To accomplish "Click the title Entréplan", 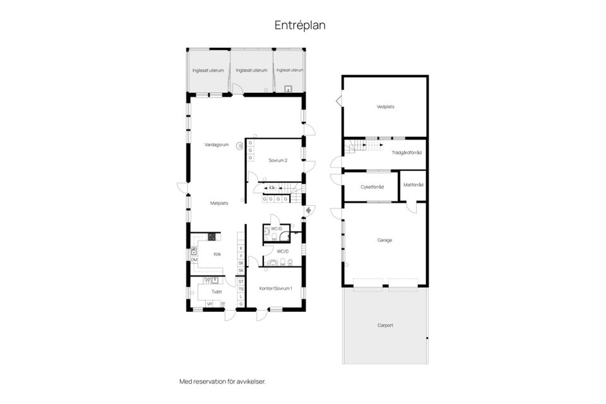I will point(300,25).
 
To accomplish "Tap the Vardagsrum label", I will point(216,145).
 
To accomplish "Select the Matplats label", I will point(219,203).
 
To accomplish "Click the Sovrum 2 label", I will point(278,160).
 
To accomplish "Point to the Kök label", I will point(217,254).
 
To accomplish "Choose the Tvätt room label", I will point(217,292).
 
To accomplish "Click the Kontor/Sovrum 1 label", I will point(275,288).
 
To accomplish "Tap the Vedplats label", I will point(385,107).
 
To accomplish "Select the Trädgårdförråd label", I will point(407,153).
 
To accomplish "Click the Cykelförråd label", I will point(372,186).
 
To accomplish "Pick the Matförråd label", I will point(413,185).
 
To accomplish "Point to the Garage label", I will point(385,240).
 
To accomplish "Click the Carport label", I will point(385,325).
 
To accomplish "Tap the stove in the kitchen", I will point(212,237).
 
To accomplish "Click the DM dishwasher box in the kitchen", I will point(194,260).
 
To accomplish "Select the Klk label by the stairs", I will point(273,188).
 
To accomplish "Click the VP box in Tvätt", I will point(210,304).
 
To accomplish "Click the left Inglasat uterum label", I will point(208,70).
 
